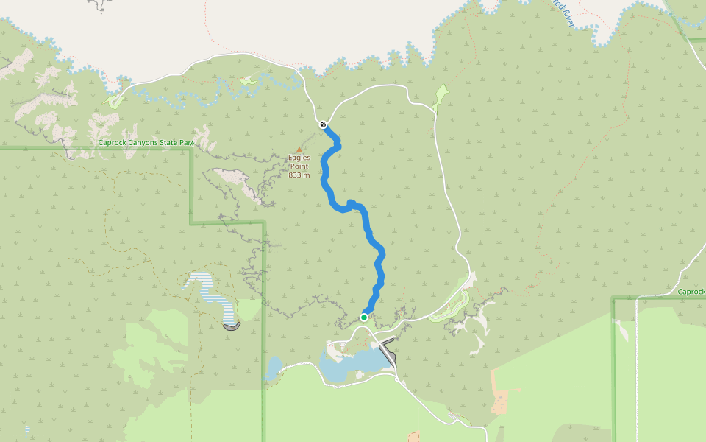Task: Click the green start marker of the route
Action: coord(364,318)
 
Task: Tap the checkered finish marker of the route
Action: coord(323,124)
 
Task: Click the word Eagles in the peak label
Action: coord(299,158)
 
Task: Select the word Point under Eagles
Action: coord(299,166)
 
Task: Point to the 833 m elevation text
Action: coord(299,175)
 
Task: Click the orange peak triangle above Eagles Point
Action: coord(299,149)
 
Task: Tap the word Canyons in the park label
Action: coord(144,141)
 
